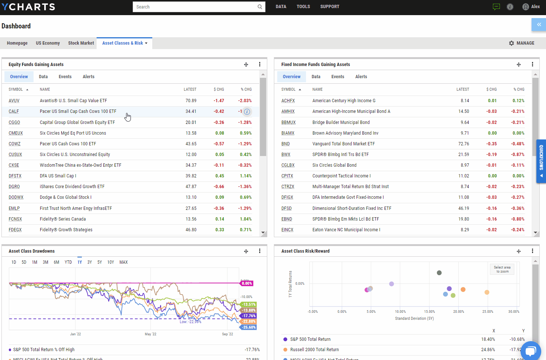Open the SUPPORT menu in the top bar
coord(330,7)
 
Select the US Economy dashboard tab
coord(48,43)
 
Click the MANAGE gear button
coord(521,43)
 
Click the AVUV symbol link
coord(14,101)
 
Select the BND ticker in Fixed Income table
coord(285,144)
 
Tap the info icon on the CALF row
coord(247,112)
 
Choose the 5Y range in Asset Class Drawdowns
coord(100,262)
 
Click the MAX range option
coord(124,262)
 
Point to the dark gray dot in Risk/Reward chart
coord(439,273)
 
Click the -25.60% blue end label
coord(248,327)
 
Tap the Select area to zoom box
coord(502,269)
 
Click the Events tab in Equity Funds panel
coord(65,77)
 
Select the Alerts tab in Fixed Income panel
coord(361,77)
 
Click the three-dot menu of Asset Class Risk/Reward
coord(532,251)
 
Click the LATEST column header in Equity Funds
coord(190,89)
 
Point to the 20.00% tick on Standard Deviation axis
coord(459,312)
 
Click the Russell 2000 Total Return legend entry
coord(314,350)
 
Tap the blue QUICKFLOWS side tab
coord(541,161)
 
